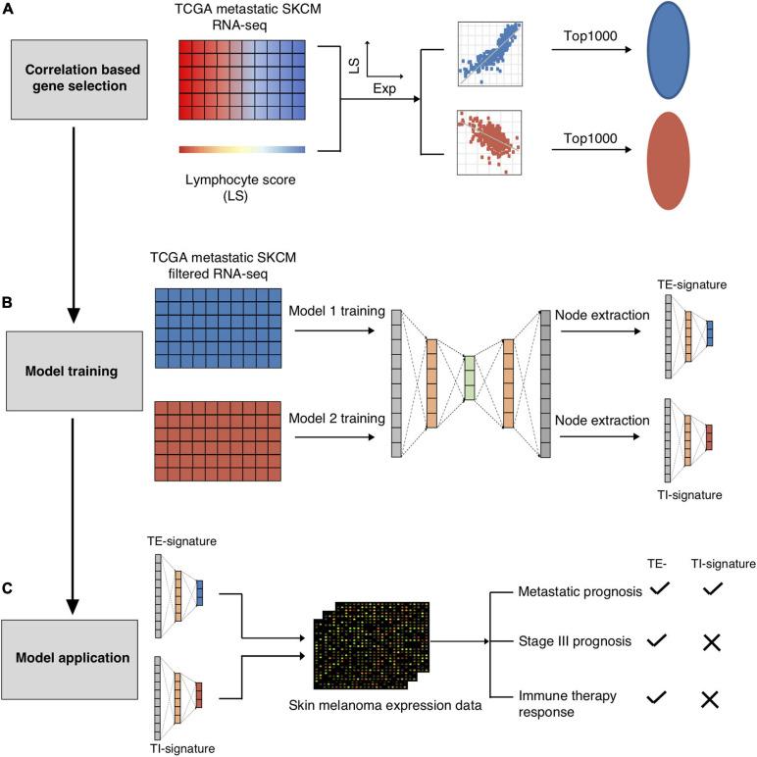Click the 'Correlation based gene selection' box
79,79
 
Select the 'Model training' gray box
75,371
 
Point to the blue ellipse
668,50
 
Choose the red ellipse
668,161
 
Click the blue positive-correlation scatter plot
490,54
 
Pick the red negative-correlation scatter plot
489,142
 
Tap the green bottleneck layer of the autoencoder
470,378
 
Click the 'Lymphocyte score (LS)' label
240,188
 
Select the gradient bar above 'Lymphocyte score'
242,150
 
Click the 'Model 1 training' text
336,311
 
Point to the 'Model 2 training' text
336,418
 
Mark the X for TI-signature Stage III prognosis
712,642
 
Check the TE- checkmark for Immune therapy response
657,696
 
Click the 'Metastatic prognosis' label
580,591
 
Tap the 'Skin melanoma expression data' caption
385,705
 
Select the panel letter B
7,303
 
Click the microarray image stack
372,645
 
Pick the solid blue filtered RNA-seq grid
219,328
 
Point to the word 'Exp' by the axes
384,89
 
